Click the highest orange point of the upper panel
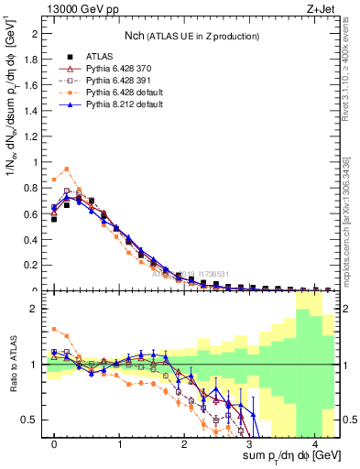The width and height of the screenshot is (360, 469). [67, 169]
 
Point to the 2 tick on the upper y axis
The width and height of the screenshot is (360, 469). [36, 34]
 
